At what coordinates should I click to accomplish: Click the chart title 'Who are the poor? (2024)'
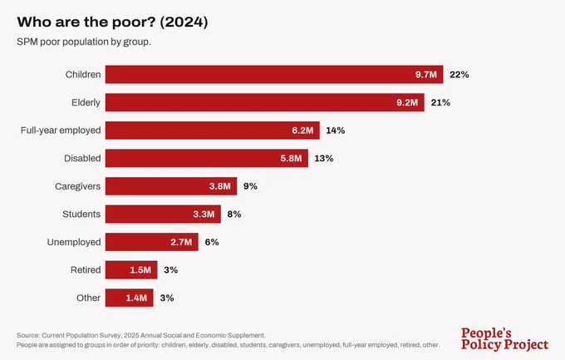112,22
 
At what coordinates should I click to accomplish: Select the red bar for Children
274,74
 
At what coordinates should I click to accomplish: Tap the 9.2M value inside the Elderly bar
407,102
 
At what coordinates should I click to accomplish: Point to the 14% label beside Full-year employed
336,131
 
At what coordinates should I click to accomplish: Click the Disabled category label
82,158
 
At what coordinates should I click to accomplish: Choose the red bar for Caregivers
171,186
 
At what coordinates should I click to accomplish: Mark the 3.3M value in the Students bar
204,215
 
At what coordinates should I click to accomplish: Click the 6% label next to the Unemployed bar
212,242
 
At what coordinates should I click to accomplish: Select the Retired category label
86,270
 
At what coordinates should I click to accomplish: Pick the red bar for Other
130,298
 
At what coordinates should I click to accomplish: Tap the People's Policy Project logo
504,339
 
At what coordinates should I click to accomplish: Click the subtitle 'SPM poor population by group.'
84,42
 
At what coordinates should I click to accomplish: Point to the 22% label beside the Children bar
459,75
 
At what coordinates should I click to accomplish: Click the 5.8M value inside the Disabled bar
291,158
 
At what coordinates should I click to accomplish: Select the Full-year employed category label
61,131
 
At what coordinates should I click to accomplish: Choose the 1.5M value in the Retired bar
140,270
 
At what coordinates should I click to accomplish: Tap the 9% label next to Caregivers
250,186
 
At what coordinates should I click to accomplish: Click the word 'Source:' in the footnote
28,335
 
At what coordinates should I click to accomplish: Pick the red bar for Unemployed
152,242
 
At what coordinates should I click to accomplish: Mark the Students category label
81,215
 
